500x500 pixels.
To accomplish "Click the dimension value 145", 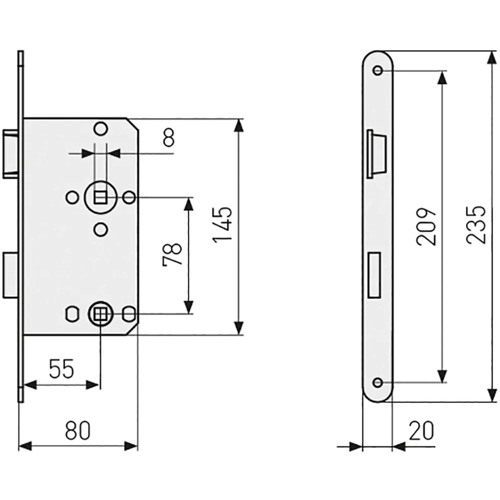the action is (x=222, y=225).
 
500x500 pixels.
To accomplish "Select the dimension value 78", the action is (x=172, y=254).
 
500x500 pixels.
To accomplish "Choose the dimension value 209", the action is (x=426, y=227).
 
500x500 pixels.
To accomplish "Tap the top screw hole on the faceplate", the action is (x=378, y=70).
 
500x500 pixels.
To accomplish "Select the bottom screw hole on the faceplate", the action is (x=378, y=382).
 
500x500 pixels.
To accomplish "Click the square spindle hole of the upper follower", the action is (x=100, y=198).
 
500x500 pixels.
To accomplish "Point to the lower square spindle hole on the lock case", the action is (x=100, y=314).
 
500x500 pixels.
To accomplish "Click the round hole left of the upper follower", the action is (x=72, y=198).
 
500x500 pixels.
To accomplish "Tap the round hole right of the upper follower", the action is (x=129, y=198).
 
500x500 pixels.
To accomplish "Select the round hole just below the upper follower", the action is (x=100, y=230).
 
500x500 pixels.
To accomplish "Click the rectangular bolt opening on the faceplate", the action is (x=374, y=275).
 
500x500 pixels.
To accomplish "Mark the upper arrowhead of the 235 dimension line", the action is (x=490, y=57).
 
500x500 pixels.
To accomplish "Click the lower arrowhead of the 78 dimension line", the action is (x=189, y=307).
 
